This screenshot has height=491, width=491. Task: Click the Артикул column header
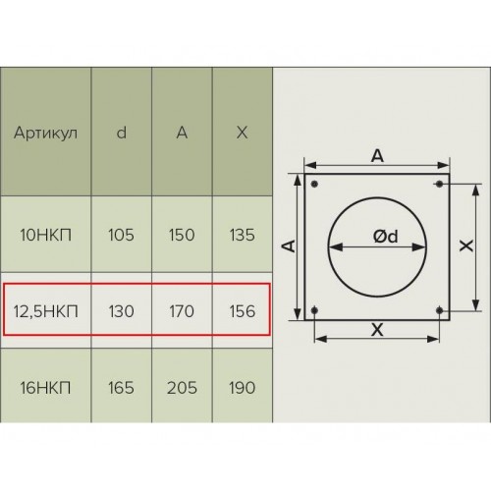pos(45,133)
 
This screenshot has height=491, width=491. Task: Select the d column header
pos(122,133)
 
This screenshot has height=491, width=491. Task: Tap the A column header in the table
pos(182,133)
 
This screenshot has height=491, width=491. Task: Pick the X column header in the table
pos(242,133)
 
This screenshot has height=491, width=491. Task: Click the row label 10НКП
pos(45,235)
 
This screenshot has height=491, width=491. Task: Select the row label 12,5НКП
pos(45,311)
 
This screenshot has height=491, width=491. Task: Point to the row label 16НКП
pos(45,388)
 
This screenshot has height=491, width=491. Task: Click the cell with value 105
pos(121,235)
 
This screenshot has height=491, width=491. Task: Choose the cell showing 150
pos(182,235)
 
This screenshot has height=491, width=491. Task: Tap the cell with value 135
pos(243,235)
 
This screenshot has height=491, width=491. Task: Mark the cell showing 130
pos(121,311)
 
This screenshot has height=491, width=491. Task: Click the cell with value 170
pos(182,311)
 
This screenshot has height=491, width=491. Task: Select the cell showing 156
pos(243,311)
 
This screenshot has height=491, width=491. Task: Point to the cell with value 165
pos(121,388)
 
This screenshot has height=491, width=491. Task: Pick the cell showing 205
pos(182,388)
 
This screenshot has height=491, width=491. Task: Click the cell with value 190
pos(243,388)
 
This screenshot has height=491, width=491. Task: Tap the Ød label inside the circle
pos(386,236)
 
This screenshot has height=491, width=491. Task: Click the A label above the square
pos(377,156)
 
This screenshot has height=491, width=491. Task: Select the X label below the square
pos(377,329)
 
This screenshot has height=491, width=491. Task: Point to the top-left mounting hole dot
pos(314,184)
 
